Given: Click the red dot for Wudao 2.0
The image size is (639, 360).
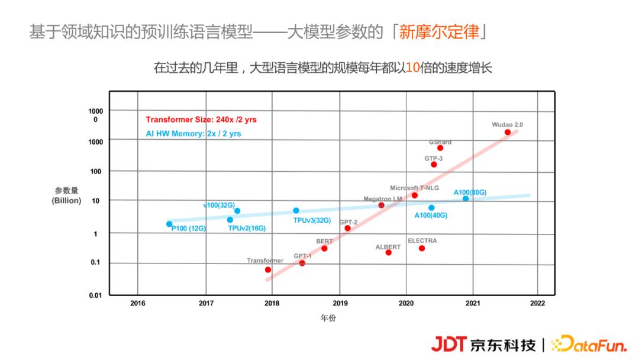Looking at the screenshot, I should [x=507, y=132].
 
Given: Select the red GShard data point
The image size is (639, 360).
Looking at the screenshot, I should [x=440, y=148].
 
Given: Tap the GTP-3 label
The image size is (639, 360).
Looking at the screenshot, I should [x=433, y=159].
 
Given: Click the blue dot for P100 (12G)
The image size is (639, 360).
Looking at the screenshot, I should [x=169, y=224].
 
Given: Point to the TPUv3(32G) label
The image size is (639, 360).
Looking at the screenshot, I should [x=312, y=220].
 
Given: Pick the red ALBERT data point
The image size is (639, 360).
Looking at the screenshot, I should [x=389, y=252].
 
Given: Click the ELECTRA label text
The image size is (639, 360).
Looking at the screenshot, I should [x=422, y=241].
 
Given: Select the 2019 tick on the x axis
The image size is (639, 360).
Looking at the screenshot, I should [x=339, y=303].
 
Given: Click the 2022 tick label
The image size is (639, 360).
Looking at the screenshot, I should [x=537, y=303].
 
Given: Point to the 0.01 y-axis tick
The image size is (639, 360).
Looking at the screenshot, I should [x=95, y=295].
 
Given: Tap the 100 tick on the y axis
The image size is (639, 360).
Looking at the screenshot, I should [x=96, y=171].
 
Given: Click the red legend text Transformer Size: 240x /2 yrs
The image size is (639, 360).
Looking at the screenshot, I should [x=201, y=120].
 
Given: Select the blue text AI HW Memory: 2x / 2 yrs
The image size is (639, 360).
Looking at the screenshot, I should [x=193, y=134].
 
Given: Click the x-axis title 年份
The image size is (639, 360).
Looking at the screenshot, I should [x=328, y=318].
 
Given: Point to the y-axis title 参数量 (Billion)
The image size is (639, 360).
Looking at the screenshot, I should [x=66, y=195].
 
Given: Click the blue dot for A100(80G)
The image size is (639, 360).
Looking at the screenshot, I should [x=466, y=198].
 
